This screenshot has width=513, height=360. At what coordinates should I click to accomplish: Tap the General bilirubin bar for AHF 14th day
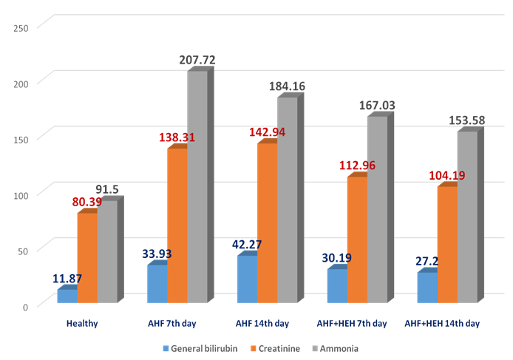coord(247,279)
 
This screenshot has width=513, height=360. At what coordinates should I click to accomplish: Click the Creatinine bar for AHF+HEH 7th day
coord(357,240)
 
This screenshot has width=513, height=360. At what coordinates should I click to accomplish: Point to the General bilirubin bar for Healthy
coord(67,296)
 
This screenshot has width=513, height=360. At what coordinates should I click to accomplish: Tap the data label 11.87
coord(68,279)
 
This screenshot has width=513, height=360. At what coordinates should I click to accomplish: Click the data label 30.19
coord(337,258)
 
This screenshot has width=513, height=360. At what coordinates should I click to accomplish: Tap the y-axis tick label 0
coord(25,306)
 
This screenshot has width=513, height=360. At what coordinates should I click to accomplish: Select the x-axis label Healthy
coord(81,324)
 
